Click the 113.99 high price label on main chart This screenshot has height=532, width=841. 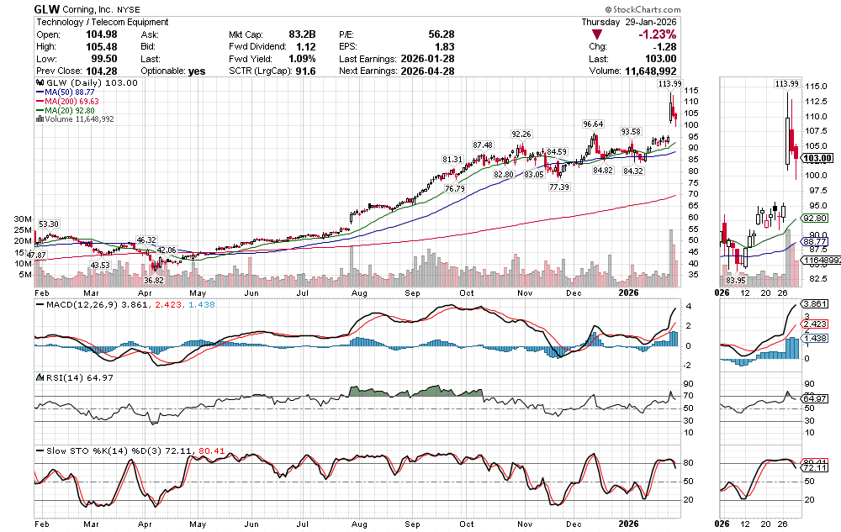[x=670, y=84]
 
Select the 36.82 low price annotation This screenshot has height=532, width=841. [x=153, y=280]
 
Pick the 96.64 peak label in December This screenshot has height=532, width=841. [x=595, y=123]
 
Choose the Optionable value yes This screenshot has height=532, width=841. [x=197, y=71]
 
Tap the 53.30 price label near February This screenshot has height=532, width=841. [x=49, y=224]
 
